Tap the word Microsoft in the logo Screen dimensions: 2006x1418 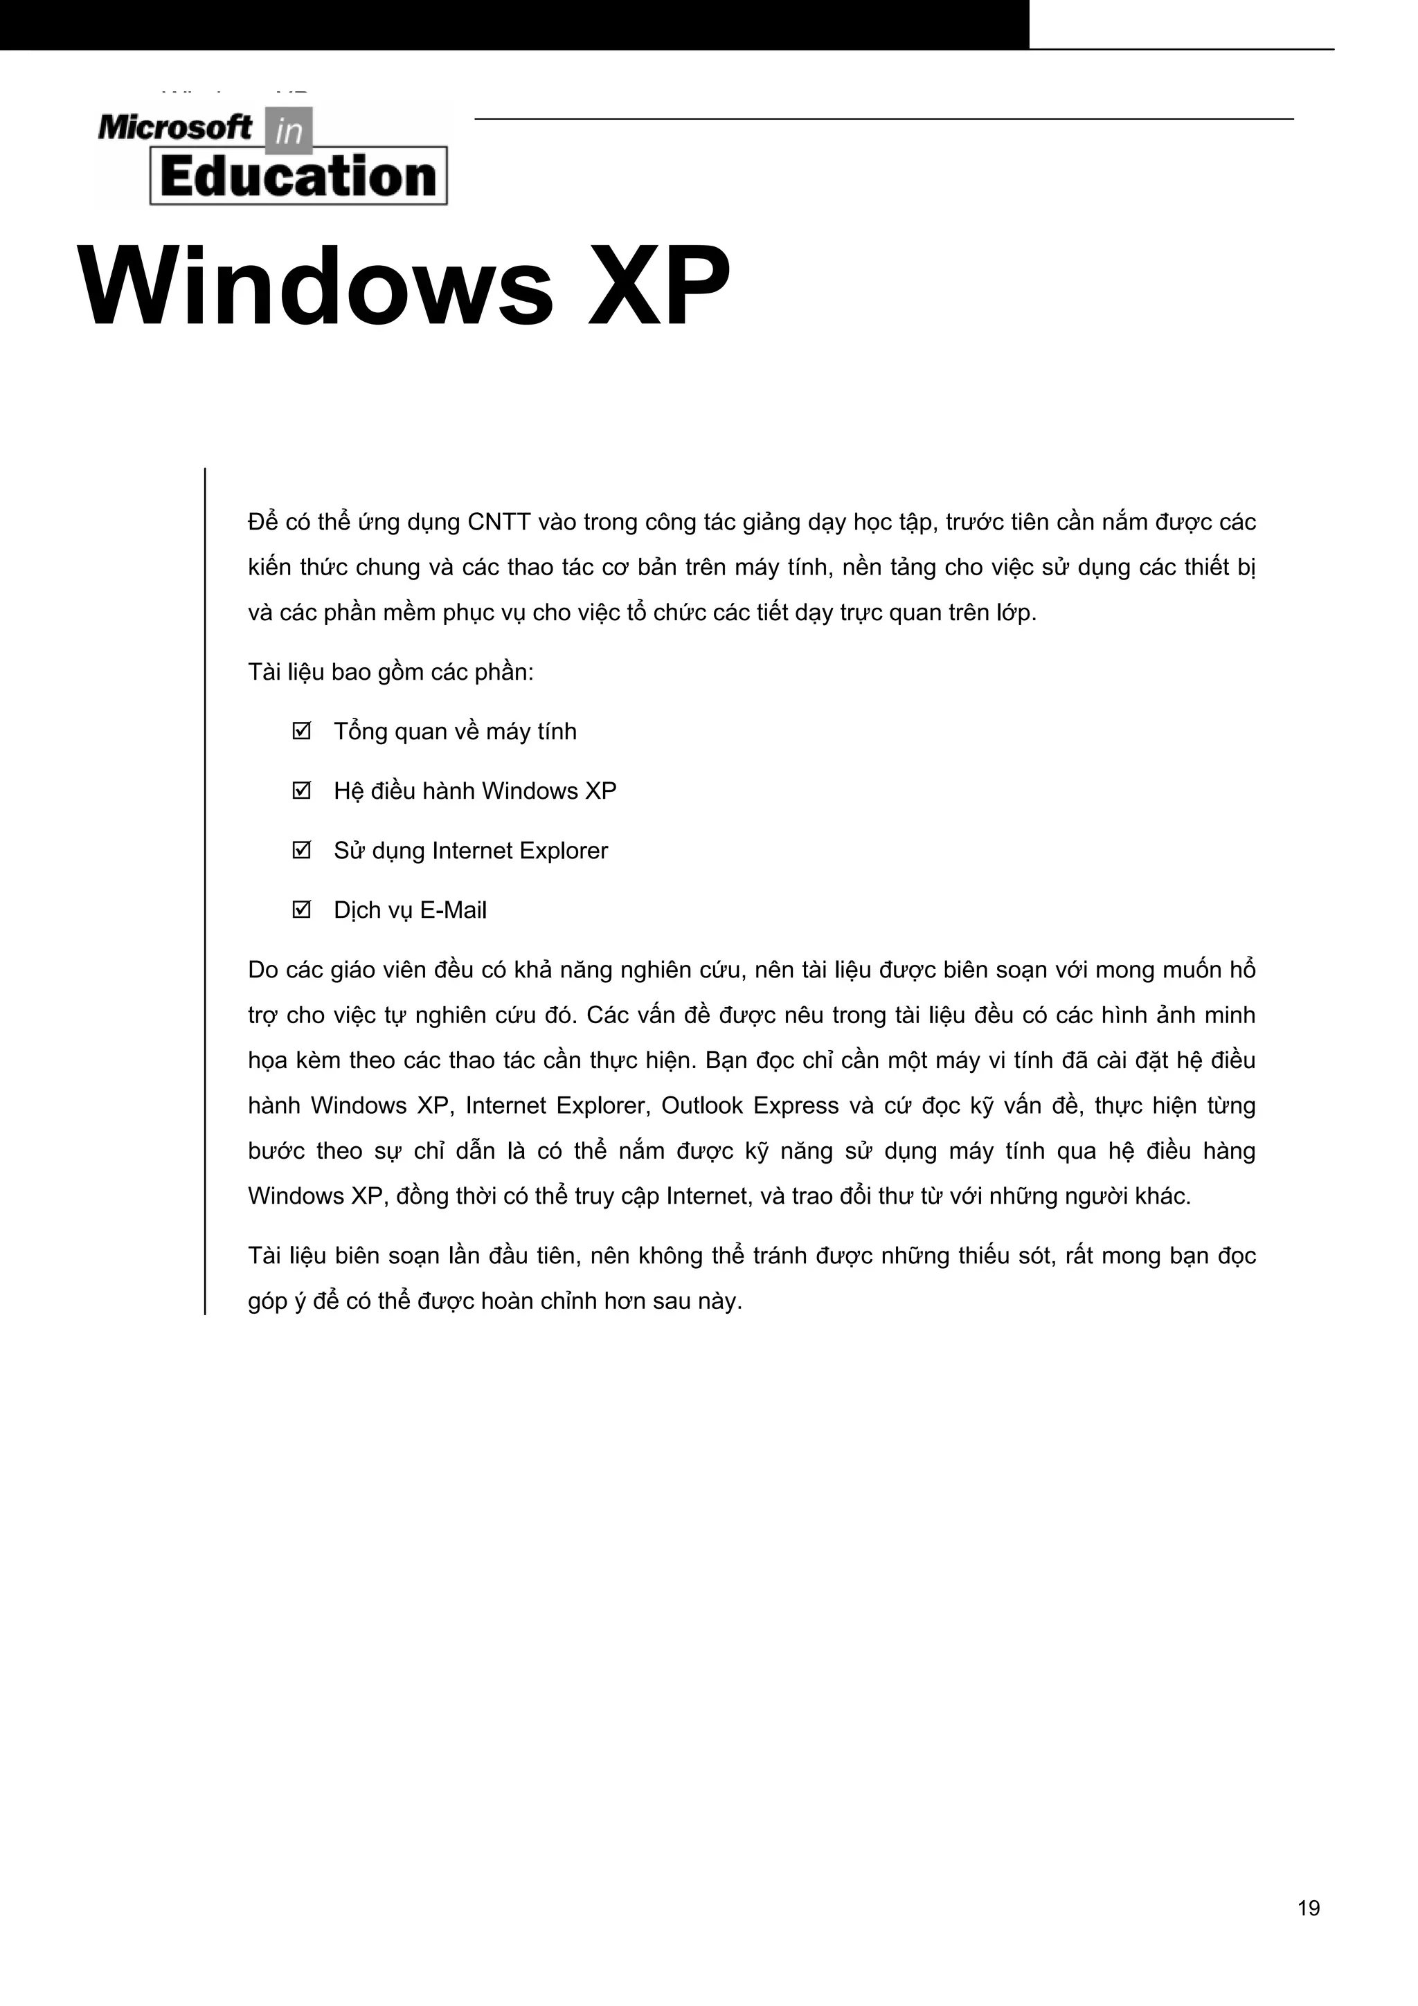point(174,129)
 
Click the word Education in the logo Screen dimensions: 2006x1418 point(298,177)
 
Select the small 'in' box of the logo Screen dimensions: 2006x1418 point(287,130)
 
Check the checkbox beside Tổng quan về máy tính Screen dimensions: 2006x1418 point(301,730)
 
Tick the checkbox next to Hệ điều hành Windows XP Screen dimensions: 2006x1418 point(301,790)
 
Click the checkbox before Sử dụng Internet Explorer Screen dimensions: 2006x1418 point(301,849)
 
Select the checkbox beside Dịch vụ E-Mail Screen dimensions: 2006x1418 point(301,909)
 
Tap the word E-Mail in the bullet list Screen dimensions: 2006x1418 point(453,910)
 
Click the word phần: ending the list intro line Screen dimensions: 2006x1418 point(503,673)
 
